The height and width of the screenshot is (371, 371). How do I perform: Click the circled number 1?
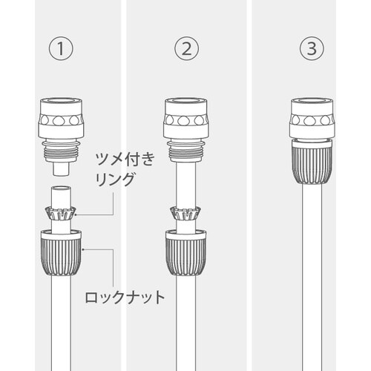click(63, 50)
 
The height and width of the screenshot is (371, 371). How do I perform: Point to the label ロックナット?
click(122, 298)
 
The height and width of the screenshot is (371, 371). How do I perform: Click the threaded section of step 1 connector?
click(63, 153)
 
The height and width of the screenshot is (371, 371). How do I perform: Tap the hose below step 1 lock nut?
click(63, 319)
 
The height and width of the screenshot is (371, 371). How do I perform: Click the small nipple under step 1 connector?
click(63, 169)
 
